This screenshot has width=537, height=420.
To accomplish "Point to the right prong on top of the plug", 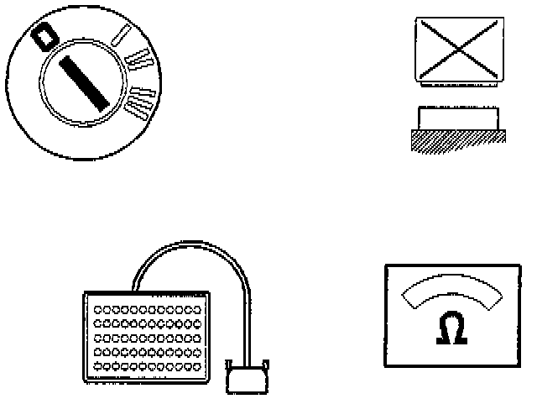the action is click(265, 365).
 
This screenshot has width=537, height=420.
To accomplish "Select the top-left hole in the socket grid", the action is click(98, 311).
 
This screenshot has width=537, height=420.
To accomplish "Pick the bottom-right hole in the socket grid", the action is click(199, 368).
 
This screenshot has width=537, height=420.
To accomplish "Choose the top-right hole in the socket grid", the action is click(199, 311).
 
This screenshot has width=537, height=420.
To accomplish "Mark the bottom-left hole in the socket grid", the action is click(98, 368).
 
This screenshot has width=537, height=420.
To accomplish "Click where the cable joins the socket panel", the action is click(134, 289).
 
